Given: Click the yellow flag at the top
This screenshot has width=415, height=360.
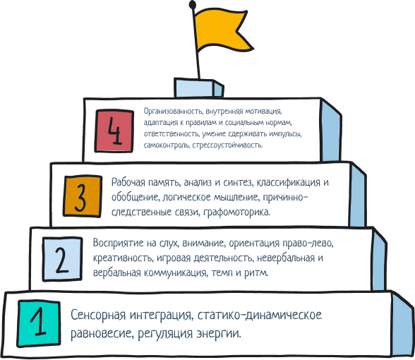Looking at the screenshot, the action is point(222,31).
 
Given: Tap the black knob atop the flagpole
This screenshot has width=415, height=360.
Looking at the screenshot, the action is point(193,4).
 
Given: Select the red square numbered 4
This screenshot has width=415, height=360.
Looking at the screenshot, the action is point(114,131).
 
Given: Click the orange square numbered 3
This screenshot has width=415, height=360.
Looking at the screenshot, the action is point(83,196).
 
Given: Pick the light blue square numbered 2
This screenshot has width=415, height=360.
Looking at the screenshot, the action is point(62,259).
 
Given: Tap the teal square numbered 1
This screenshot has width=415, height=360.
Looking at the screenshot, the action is point(39,323).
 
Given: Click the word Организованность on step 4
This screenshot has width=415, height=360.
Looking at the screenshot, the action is point(174,112).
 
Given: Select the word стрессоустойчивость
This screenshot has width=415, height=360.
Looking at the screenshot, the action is point(227,145).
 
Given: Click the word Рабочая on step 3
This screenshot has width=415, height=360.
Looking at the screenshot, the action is point(128,182).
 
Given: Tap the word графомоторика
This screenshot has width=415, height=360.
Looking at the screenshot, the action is point(237,212).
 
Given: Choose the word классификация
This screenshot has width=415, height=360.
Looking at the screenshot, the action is point(289,182).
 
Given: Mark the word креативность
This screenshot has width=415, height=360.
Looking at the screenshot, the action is point(123,258).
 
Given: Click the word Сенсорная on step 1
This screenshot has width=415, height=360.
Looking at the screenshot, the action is point(98,315).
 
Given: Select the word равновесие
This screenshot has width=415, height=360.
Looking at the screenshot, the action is point(103,333).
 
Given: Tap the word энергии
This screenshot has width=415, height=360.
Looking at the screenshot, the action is point(219,333).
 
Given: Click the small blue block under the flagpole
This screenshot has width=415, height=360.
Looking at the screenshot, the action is point(198,88).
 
